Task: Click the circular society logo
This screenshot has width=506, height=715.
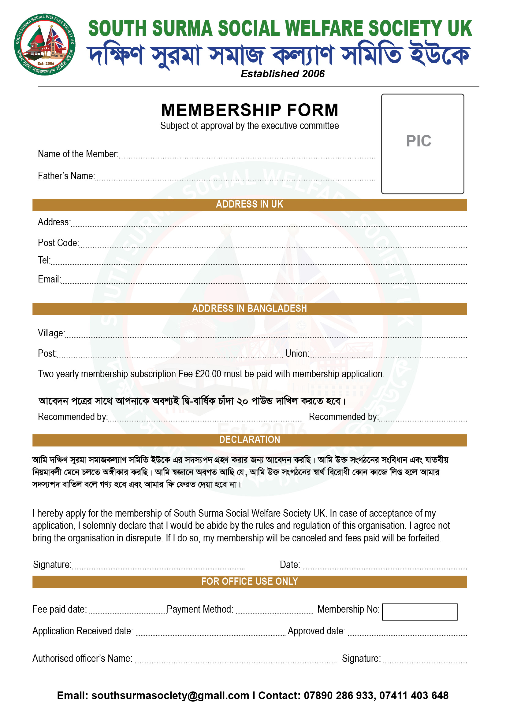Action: click(45, 45)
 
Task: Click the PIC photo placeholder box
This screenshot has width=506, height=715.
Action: click(422, 144)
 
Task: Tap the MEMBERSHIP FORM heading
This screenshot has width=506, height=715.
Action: click(250, 110)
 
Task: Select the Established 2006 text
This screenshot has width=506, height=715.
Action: click(283, 74)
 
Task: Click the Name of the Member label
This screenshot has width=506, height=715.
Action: click(78, 154)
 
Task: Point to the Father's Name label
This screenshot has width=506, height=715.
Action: click(66, 176)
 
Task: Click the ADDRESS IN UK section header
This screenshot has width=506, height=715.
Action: click(249, 204)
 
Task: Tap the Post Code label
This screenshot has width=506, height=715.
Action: click(58, 243)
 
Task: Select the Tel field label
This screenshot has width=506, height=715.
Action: click(44, 260)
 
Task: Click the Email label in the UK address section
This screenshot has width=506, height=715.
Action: click(49, 279)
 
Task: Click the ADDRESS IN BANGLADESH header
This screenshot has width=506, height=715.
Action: click(249, 309)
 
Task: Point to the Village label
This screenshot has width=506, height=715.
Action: click(51, 333)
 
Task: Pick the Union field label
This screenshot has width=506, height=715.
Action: click(297, 354)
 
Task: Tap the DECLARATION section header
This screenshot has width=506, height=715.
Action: click(249, 440)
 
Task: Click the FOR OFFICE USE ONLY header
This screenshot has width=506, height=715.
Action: click(249, 581)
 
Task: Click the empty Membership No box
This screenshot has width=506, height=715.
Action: click(419, 612)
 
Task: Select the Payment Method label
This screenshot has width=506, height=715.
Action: click(200, 610)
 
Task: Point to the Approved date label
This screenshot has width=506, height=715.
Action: click(316, 631)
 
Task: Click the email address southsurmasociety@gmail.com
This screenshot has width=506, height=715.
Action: click(170, 696)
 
